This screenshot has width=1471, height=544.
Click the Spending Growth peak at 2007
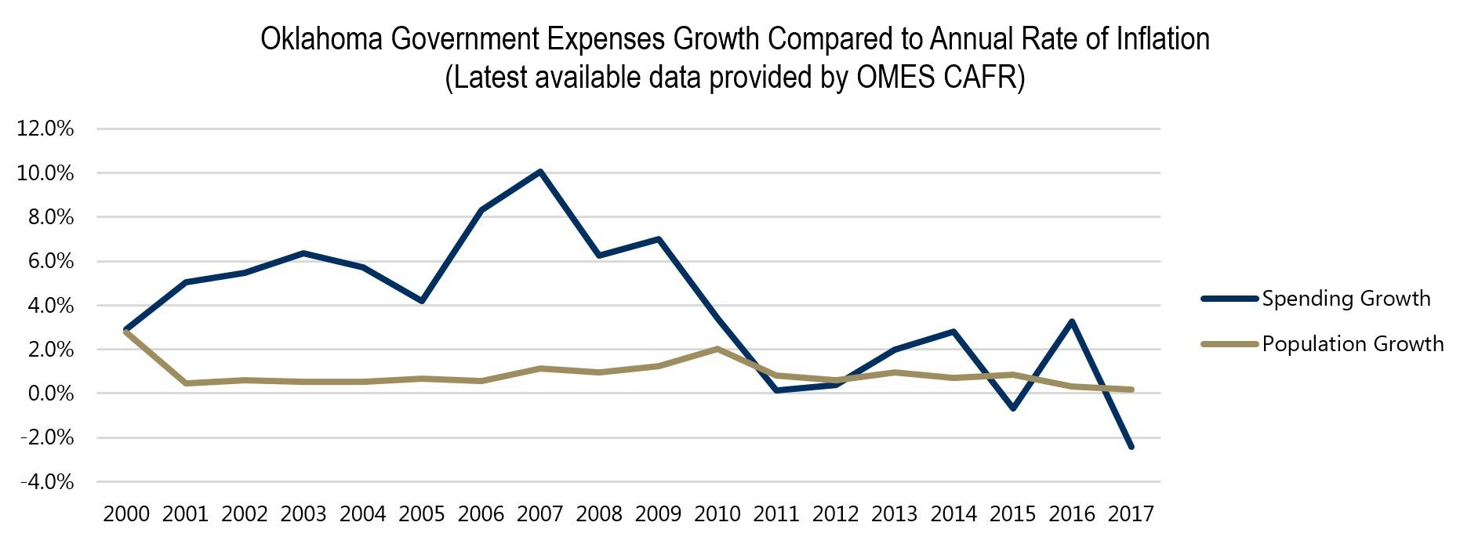point(540,172)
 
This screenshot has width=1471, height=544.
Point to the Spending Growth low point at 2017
point(1131,447)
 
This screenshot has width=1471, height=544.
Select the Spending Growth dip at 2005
point(422,301)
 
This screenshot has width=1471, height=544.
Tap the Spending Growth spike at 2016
point(1071,321)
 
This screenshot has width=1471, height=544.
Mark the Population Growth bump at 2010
point(717,349)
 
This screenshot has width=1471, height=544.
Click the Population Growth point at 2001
point(186,383)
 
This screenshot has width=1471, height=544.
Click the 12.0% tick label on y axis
point(45,129)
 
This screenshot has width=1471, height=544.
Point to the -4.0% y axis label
point(45,482)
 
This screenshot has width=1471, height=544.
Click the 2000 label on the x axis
point(126,514)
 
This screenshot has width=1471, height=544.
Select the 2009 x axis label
point(658,514)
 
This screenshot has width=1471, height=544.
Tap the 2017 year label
point(1131,514)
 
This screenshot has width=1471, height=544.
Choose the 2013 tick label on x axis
point(894,514)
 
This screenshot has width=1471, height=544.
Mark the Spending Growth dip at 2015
point(1013,408)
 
